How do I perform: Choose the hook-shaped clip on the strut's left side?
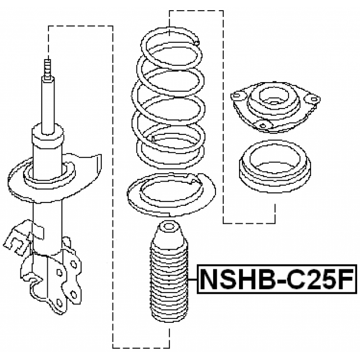[17, 236]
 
